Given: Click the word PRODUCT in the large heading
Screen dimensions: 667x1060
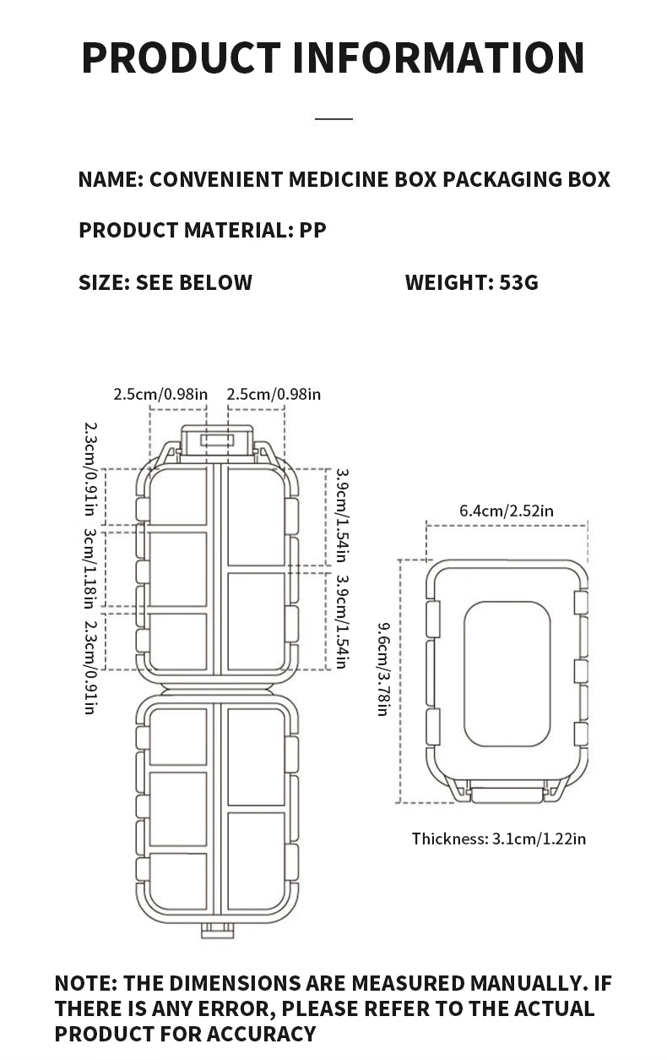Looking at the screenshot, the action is point(181,57).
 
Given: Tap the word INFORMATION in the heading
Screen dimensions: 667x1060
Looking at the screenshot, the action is point(439,57).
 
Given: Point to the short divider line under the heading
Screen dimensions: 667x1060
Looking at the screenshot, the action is point(333,118).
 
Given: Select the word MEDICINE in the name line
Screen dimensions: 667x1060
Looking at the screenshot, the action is point(339,179).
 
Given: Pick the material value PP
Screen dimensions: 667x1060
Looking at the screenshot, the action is point(313,230).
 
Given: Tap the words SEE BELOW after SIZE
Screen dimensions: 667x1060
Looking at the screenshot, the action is point(194,282).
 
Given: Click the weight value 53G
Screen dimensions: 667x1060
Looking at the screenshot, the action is point(518,282).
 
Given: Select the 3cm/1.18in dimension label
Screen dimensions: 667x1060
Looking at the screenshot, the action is point(89,568).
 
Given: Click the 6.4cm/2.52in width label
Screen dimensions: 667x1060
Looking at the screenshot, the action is point(507,511).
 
